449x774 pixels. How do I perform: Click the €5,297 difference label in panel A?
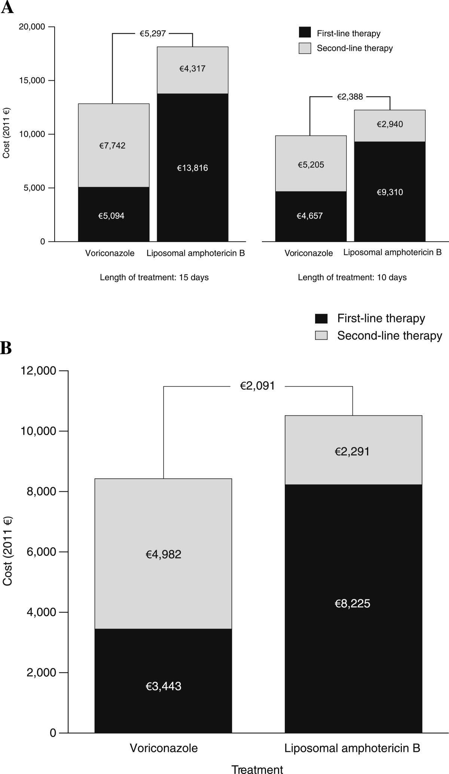point(153,34)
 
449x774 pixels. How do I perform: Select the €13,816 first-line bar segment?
point(192,168)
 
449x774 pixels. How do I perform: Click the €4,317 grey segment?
point(192,69)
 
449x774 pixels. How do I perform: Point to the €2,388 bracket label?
point(350,97)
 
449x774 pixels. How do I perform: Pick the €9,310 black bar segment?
point(390,192)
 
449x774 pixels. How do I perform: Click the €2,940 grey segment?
point(390,125)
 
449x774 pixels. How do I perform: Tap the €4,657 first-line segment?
point(310,216)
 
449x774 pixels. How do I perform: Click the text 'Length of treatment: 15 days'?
point(154,277)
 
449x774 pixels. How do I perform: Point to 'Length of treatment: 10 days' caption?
point(352,277)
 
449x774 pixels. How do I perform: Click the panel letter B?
point(6,348)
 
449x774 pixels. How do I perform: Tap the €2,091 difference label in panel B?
point(257,386)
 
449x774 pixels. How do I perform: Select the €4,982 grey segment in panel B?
point(163,554)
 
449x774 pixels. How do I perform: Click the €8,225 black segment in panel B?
point(353,603)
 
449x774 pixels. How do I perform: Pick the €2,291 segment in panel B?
point(353,452)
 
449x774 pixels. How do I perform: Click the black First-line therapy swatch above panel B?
point(321,319)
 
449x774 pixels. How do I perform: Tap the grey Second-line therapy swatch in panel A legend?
point(305,48)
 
